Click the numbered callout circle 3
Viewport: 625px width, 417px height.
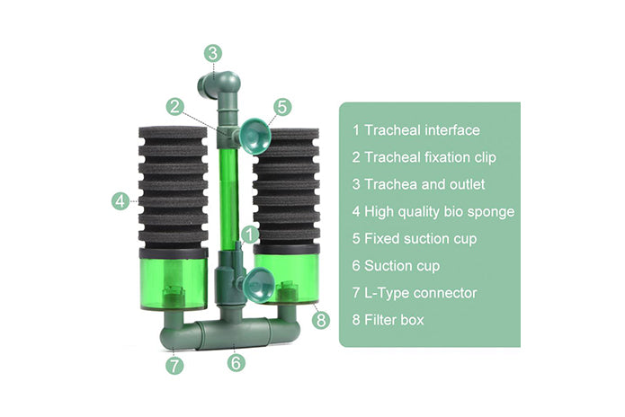point(213,53)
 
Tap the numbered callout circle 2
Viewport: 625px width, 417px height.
point(175,107)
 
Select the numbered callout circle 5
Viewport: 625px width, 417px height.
point(282,107)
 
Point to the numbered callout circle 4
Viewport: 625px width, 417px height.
point(121,201)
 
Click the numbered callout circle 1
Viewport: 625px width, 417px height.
point(250,235)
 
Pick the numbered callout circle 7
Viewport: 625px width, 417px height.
point(174,366)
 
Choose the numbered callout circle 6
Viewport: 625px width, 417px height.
point(237,363)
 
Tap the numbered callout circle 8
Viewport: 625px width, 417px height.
point(321,320)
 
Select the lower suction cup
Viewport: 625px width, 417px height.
point(257,286)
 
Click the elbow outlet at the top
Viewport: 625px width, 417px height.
point(219,85)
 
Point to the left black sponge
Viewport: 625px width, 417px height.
point(173,187)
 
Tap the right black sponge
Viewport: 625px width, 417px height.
point(286,186)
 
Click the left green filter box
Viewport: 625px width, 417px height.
point(174,279)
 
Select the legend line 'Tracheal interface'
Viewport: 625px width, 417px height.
point(416,130)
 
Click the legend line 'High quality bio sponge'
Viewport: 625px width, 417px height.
point(433,212)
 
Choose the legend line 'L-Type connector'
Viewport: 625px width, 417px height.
point(415,293)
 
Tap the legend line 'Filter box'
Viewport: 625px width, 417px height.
point(388,320)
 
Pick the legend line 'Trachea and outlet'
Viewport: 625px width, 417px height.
point(418,184)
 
